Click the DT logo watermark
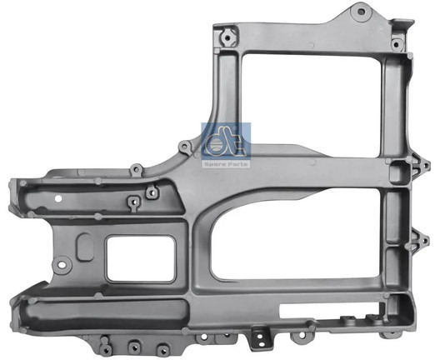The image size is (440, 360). [x=225, y=141]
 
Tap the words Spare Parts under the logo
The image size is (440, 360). [x=225, y=164]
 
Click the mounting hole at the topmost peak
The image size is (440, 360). [x=361, y=12]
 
